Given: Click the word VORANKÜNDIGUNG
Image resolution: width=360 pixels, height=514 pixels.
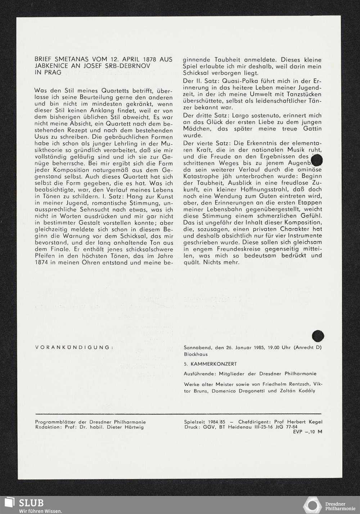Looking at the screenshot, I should (74, 348).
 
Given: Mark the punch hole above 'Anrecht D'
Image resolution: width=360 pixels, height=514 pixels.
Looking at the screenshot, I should (318, 336).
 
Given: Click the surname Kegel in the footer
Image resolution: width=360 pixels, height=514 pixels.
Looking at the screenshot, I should (313, 422).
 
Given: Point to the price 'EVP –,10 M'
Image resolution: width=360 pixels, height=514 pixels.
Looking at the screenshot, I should (308, 432).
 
